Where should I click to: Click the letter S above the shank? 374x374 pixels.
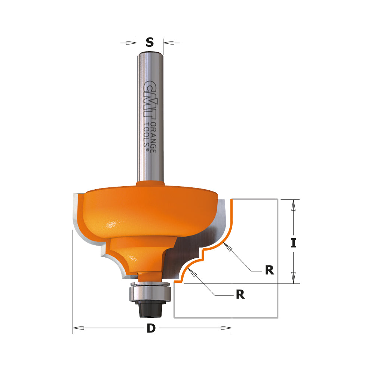[x=150, y=43]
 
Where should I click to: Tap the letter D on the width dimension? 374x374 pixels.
[x=151, y=328]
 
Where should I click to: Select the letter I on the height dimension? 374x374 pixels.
[x=294, y=243]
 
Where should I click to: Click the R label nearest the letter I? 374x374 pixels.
[x=269, y=270]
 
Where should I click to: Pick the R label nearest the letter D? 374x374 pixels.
[x=240, y=295]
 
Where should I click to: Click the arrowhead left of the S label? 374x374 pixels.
[x=131, y=43]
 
